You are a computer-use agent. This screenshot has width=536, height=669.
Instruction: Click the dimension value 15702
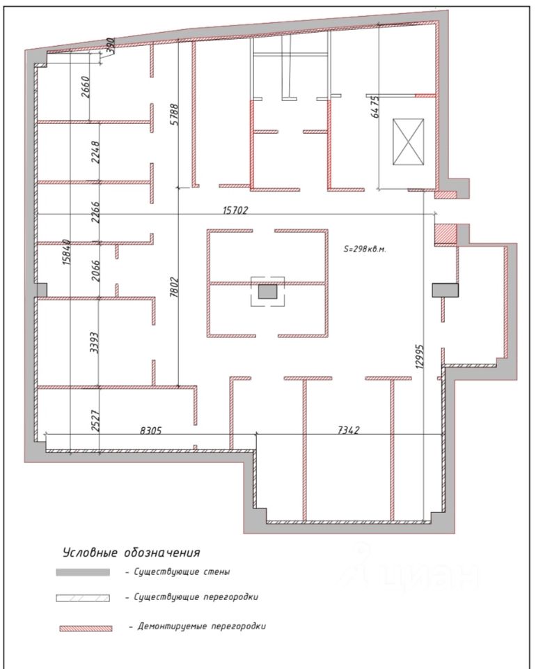pyautogui.click(x=235, y=210)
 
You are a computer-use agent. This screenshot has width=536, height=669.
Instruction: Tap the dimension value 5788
pyautogui.click(x=175, y=114)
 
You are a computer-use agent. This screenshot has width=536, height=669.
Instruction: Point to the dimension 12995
pyautogui.click(x=420, y=356)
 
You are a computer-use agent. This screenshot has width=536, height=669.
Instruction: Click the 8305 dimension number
pyautogui.click(x=151, y=431)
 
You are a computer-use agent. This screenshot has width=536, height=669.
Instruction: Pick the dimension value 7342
pyautogui.click(x=349, y=430)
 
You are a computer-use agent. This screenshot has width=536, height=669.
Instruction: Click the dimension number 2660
pyautogui.click(x=86, y=87)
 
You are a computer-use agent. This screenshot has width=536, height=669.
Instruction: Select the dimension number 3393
pyautogui.click(x=95, y=343)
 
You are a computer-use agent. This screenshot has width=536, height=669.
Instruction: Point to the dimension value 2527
pyautogui.click(x=96, y=421)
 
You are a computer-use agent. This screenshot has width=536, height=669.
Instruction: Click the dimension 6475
pyautogui.click(x=375, y=107)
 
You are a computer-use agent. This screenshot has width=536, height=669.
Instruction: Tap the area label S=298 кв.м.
pyautogui.click(x=365, y=249)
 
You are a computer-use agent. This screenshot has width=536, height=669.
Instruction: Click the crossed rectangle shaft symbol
pyautogui.click(x=408, y=141)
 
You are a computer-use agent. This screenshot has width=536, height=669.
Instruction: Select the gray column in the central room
pyautogui.click(x=267, y=292)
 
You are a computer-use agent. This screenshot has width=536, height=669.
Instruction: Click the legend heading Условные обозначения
pyautogui.click(x=132, y=553)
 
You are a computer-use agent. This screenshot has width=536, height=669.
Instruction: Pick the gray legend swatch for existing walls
pyautogui.click(x=83, y=572)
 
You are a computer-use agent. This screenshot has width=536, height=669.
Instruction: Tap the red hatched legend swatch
pyautogui.click(x=86, y=628)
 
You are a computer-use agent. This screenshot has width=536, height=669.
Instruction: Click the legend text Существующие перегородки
pyautogui.click(x=196, y=597)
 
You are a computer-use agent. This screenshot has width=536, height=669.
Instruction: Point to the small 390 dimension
pyautogui.click(x=110, y=46)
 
